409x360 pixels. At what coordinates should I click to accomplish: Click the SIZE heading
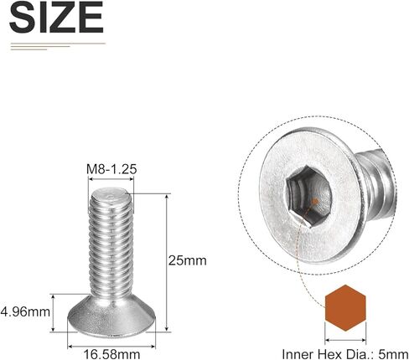[x=57, y=18]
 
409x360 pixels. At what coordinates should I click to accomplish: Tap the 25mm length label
[x=189, y=261]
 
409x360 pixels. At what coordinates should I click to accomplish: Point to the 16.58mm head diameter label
[x=111, y=352]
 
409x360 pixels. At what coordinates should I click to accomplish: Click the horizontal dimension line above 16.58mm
[x=111, y=338]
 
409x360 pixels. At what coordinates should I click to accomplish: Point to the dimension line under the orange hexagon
[x=345, y=338]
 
